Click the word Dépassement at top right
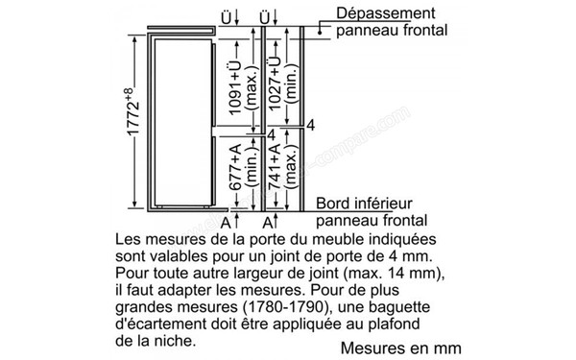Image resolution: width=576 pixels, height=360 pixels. click(377, 13)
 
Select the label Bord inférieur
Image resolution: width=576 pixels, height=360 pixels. click(366, 204)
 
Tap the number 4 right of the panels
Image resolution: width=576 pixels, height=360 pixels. click(310, 126)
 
